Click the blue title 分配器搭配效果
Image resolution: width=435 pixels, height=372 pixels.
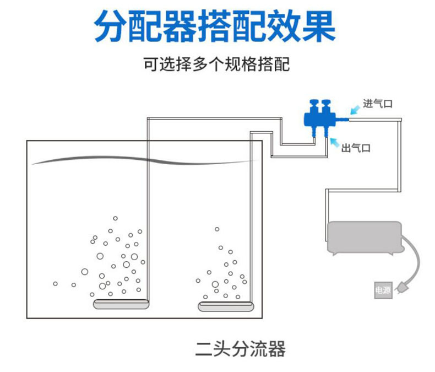coord(215,26)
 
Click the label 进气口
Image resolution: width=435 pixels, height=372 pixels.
coord(378,104)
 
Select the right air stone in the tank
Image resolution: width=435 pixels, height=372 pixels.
coord(226,306)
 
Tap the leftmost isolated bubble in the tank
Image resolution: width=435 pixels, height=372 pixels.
coord(55,284)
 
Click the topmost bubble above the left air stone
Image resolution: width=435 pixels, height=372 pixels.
coord(116,218)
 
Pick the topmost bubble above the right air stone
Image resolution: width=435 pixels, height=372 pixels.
coord(217,229)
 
